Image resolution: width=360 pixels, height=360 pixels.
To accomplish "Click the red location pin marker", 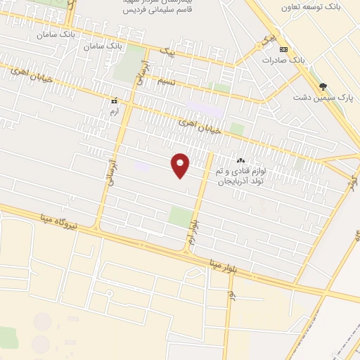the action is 181,165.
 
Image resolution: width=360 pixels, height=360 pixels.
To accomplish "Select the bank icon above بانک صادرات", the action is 283,49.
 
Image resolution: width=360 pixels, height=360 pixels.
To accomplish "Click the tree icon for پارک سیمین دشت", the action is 323,86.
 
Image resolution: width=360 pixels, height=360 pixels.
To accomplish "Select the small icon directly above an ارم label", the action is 113,101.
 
